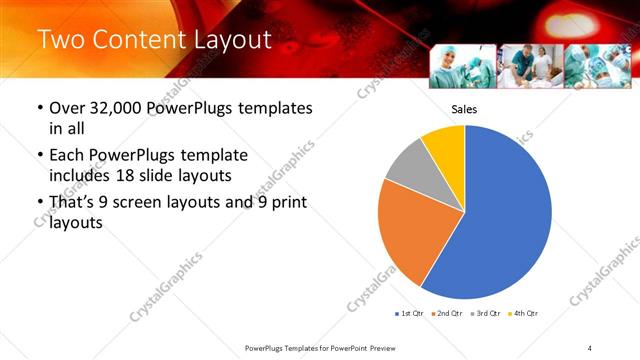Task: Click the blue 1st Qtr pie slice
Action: tap(505, 215)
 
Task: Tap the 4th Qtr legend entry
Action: tap(524, 314)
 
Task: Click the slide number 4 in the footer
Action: tap(590, 347)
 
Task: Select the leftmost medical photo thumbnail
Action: tap(461, 66)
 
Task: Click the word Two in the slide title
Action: tap(61, 40)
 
